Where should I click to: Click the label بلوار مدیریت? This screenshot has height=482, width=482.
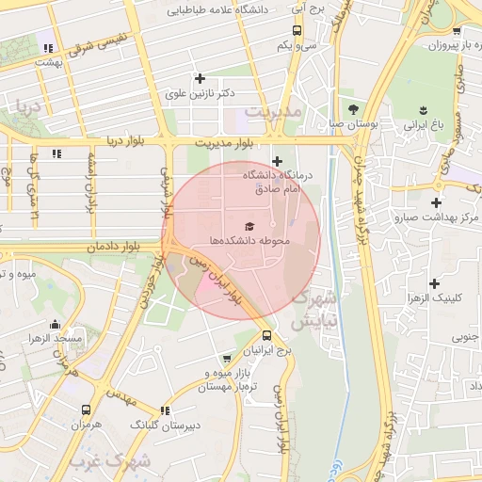(x=225, y=142)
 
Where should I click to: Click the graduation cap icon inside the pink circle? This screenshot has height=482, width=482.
(x=249, y=226)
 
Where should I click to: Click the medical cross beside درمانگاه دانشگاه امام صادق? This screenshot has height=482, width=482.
(x=277, y=161)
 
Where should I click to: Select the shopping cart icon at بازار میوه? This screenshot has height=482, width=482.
(x=226, y=359)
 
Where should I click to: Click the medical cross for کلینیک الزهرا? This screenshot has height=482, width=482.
(x=434, y=283)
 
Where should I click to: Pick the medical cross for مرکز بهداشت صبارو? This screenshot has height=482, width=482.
(x=435, y=202)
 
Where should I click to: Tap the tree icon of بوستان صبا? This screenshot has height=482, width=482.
(x=353, y=108)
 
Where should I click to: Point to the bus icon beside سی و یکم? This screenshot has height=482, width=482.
(x=284, y=44)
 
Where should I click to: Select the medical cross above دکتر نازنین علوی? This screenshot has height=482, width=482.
(x=199, y=78)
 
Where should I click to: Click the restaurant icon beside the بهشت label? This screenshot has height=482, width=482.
(x=48, y=47)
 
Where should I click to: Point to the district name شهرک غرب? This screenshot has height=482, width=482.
(x=109, y=462)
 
